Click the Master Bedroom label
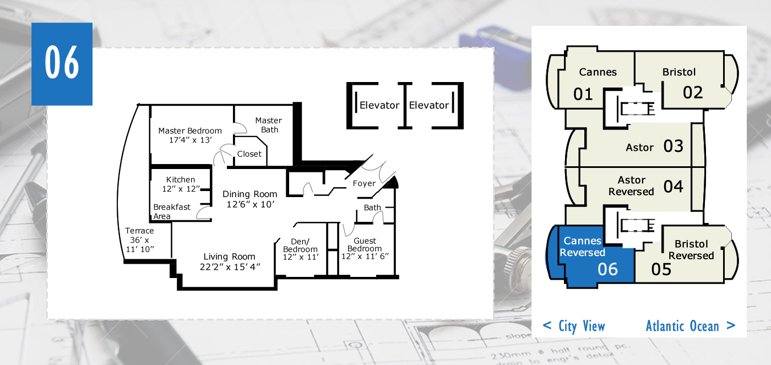(190, 135)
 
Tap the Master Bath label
(269, 125)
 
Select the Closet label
(249, 154)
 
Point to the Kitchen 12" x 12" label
(181, 184)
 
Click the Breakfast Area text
(172, 211)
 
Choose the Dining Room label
(250, 199)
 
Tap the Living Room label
(230, 262)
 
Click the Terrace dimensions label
(139, 240)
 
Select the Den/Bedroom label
(301, 249)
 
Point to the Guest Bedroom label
(365, 248)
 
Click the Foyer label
(364, 183)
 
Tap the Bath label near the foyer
(372, 208)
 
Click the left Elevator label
(379, 105)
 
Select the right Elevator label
(429, 105)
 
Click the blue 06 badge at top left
(62, 64)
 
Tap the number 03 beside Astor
(673, 146)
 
